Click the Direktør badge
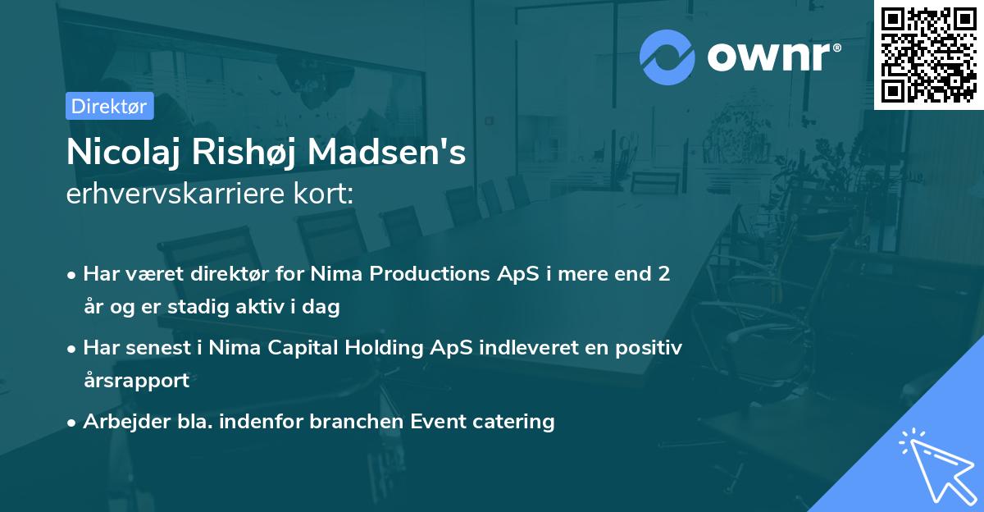[x=109, y=106]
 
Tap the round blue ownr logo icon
[x=667, y=57]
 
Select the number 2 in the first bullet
[x=664, y=274]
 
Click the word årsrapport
[x=136, y=381]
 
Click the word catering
[x=514, y=422]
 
